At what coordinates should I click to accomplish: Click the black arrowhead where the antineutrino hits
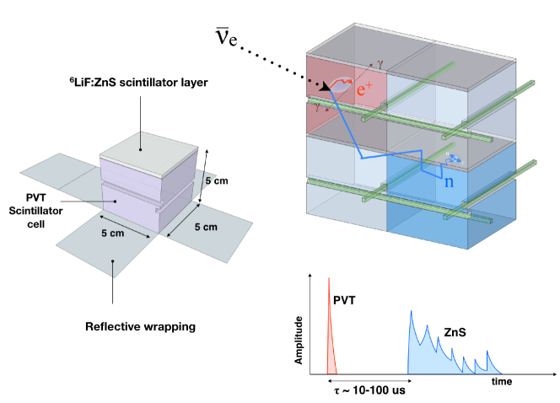tap(324, 87)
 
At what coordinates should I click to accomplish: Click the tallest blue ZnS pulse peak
tap(411, 314)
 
